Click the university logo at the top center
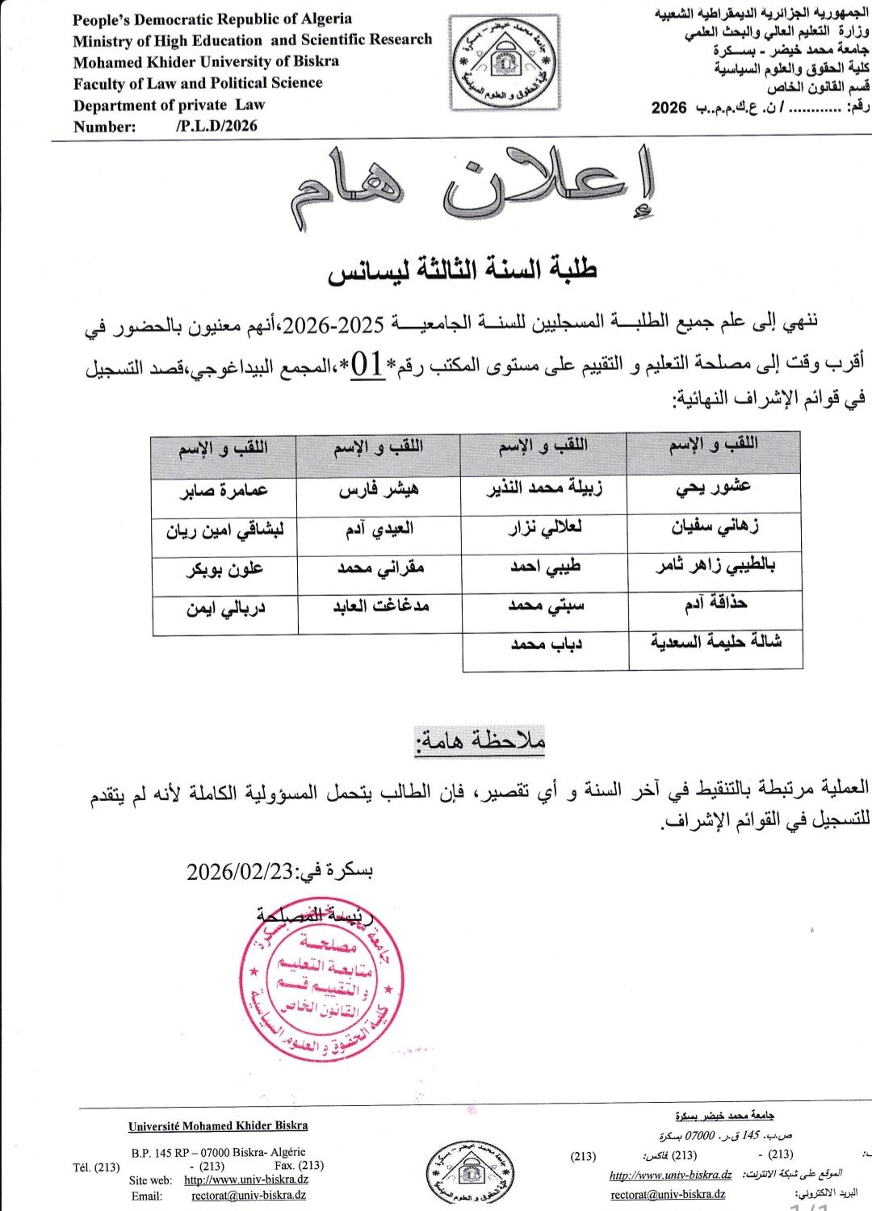coord(505,63)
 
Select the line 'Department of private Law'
coord(169,105)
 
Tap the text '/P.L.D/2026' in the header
coord(216,126)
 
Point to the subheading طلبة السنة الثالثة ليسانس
coord(462,270)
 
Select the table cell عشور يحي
coord(714,487)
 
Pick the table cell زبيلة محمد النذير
coord(544,488)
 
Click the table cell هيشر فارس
coord(378,489)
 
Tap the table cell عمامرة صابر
coord(224,490)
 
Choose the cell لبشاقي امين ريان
coord(224,531)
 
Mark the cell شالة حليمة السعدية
coord(715,642)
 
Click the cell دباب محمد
coord(546,644)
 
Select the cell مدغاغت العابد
coord(380,605)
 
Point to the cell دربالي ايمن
coord(225,608)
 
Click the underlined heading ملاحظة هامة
coord(480,740)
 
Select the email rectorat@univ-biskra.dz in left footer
coord(249,1196)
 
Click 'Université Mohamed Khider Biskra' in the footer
coord(218,1125)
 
